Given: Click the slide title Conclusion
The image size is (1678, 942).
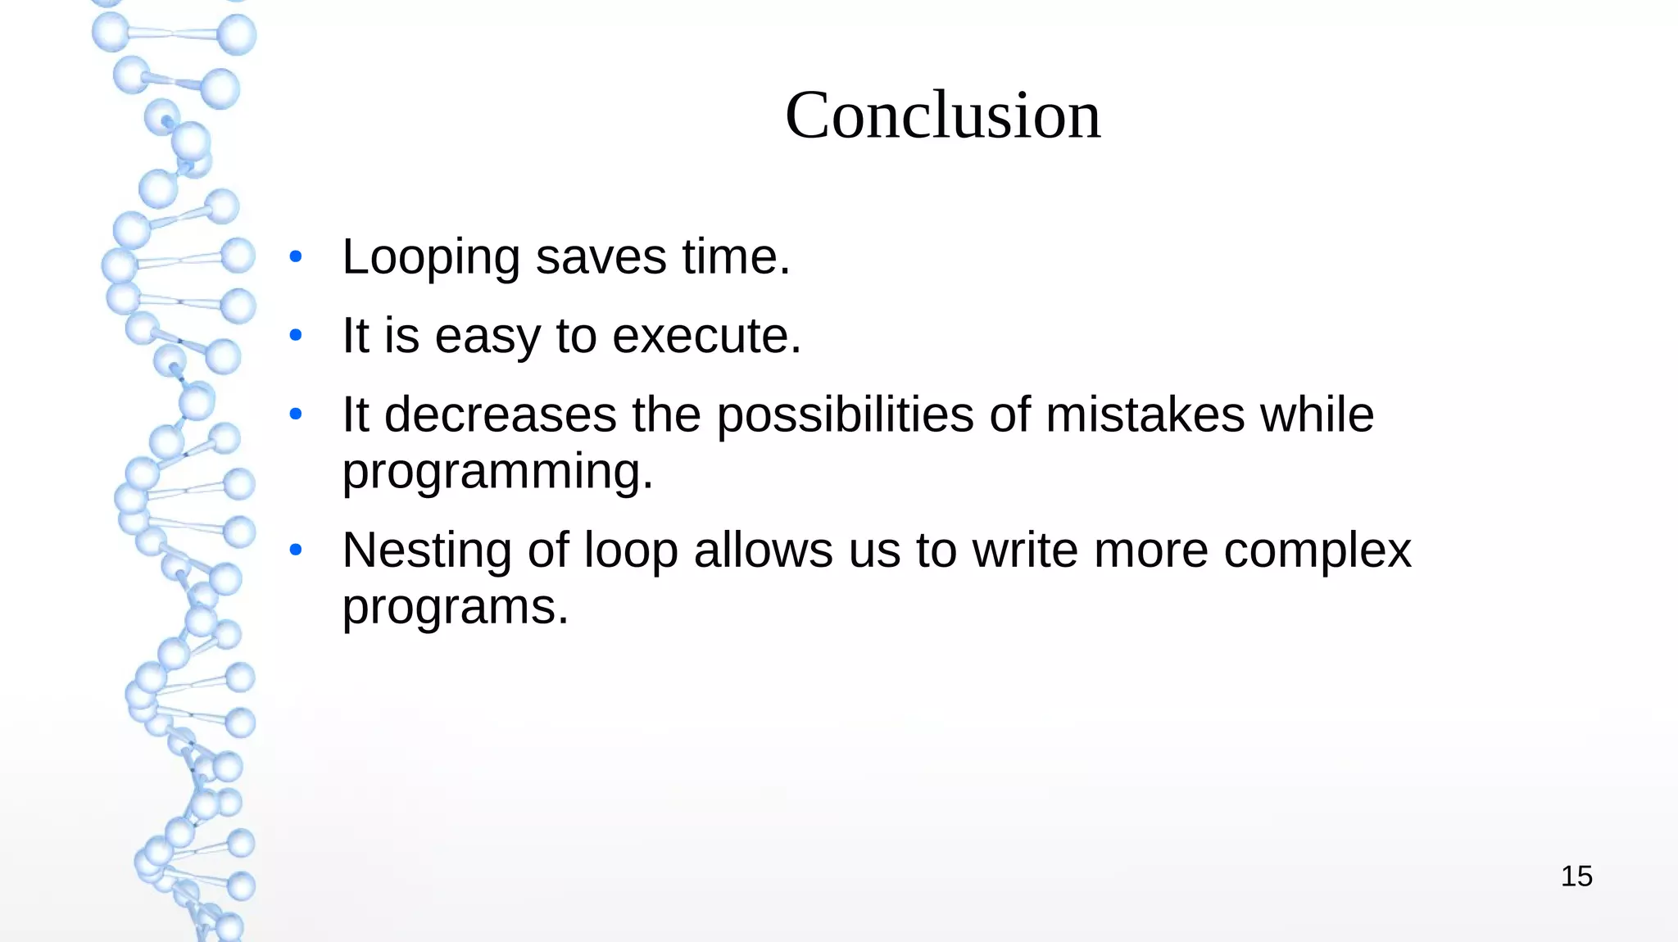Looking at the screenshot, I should [x=943, y=115].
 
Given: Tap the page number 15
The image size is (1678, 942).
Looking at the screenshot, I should [x=1576, y=876].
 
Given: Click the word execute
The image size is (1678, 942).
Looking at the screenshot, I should [x=706, y=336].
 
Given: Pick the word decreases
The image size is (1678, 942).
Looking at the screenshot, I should [x=500, y=414].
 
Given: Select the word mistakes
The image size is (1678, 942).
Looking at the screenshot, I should [x=1145, y=414].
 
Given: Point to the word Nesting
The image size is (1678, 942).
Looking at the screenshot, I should [x=426, y=551].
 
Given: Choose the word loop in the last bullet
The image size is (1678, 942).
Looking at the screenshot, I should [x=631, y=551].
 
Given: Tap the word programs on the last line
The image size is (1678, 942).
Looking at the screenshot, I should [x=455, y=609].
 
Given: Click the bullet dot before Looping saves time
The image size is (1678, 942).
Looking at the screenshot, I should [x=296, y=257].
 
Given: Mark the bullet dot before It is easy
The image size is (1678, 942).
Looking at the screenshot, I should [x=296, y=335].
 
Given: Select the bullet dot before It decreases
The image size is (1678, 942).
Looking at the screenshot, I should [x=296, y=414].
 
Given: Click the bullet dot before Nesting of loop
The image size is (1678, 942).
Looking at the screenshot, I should [x=296, y=549].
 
